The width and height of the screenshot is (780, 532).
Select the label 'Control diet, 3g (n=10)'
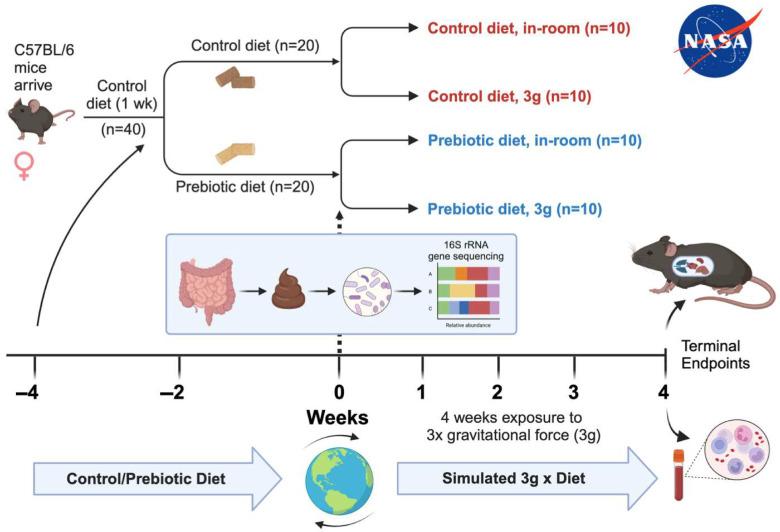(510, 97)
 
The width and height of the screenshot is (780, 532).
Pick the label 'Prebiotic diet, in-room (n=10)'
(534, 140)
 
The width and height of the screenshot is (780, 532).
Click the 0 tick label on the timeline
(339, 391)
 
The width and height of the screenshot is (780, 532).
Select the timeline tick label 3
(573, 391)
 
